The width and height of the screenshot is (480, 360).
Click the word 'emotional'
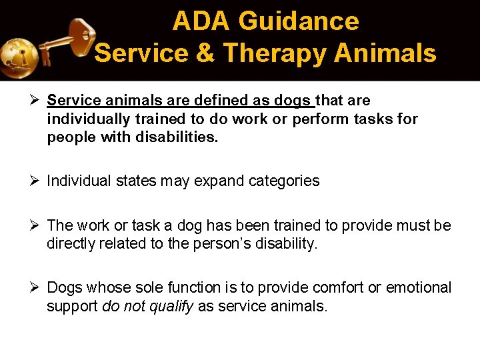click(x=415, y=287)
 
